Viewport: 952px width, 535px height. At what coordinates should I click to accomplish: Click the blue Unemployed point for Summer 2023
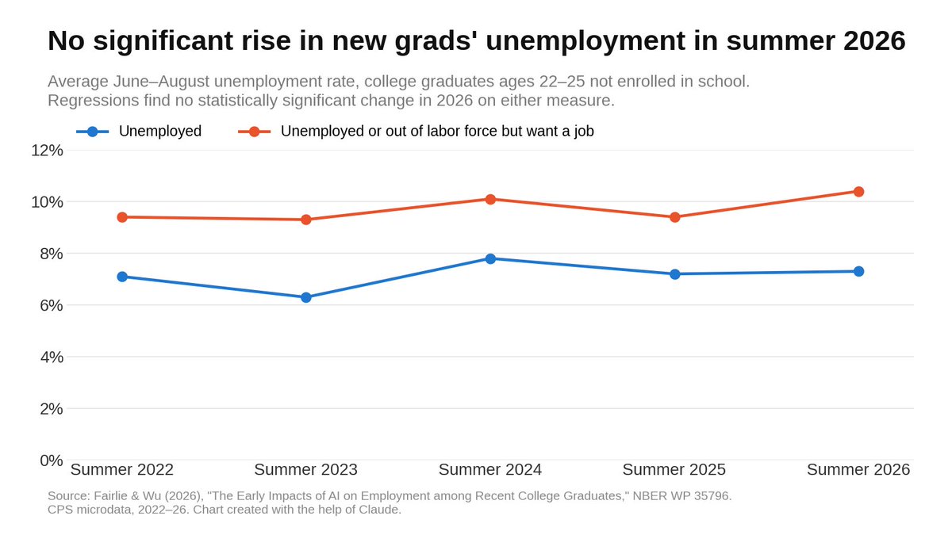[306, 298]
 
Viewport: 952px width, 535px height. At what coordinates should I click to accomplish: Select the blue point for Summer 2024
[490, 258]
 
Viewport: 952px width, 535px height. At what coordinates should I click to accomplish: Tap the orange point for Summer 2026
[858, 192]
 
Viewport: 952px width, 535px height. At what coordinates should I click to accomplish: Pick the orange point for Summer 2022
[122, 217]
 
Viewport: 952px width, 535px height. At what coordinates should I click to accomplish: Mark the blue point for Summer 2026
[858, 271]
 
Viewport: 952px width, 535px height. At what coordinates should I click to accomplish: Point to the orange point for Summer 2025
[674, 217]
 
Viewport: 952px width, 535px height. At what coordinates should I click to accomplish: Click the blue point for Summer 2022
[122, 277]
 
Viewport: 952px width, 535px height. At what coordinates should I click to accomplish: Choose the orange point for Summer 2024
[490, 199]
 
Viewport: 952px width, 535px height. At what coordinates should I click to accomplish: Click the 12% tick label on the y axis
[47, 151]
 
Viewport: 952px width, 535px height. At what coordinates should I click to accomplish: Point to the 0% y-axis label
[52, 460]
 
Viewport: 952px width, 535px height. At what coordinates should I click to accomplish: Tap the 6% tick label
[52, 305]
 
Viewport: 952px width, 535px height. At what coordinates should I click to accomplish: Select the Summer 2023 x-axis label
[306, 469]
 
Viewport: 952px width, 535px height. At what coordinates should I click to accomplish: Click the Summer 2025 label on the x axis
[674, 469]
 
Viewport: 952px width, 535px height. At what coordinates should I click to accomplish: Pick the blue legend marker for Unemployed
[93, 132]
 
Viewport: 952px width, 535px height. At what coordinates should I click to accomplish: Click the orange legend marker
[254, 132]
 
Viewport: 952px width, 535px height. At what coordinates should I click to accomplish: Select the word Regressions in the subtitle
[94, 101]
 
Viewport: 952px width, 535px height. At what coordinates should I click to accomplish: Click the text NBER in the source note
[647, 496]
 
